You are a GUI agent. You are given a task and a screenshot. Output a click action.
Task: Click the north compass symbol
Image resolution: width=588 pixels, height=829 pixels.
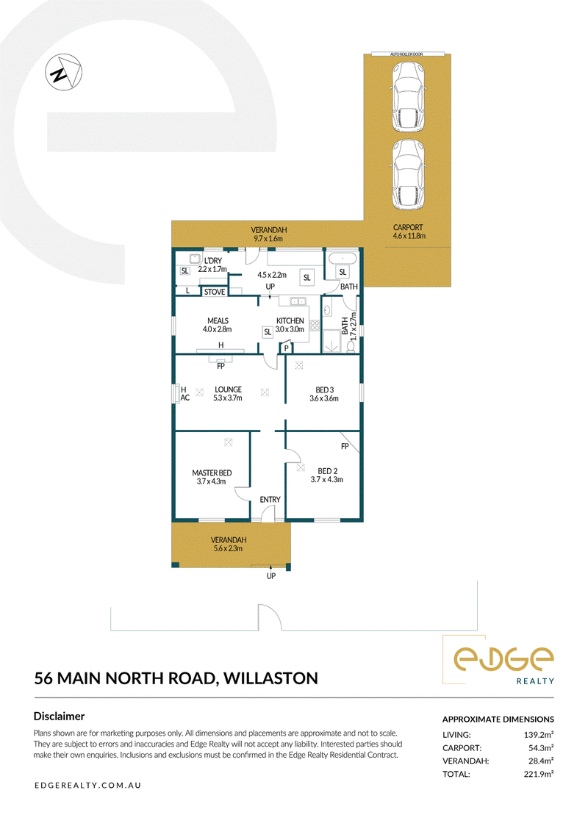[x=63, y=72]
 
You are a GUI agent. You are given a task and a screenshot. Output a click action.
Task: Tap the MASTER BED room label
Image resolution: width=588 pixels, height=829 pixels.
[x=212, y=473]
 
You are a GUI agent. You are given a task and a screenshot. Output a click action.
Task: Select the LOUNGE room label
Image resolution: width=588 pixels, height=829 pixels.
[x=229, y=389]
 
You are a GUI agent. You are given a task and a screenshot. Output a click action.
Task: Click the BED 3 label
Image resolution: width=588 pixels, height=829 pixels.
[x=324, y=390]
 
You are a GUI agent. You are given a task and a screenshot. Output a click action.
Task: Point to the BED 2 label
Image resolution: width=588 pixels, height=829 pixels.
[x=327, y=470]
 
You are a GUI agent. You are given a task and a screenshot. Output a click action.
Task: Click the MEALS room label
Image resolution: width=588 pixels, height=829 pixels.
[x=218, y=320]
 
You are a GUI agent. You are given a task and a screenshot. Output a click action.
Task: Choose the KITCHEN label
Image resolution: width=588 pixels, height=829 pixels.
[x=290, y=320]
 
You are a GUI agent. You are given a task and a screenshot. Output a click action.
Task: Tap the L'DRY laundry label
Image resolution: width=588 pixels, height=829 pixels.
[x=213, y=261]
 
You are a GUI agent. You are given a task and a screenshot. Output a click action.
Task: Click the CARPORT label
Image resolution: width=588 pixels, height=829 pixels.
[x=408, y=227]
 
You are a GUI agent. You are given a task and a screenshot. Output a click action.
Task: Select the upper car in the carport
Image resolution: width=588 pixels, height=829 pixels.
[x=408, y=97]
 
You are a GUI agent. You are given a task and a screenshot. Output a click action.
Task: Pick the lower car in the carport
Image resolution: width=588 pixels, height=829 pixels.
[x=408, y=174]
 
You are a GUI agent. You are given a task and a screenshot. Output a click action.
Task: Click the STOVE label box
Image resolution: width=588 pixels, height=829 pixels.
[x=215, y=292]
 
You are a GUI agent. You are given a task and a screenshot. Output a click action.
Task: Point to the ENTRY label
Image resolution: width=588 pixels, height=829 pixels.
[x=270, y=499]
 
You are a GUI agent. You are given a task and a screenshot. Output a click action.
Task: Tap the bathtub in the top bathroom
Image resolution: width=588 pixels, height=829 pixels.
[x=343, y=259]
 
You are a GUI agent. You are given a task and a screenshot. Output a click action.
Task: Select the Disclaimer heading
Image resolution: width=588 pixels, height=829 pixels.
[x=60, y=717]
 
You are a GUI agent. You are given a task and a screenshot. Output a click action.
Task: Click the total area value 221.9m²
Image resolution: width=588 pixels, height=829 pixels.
[x=538, y=774]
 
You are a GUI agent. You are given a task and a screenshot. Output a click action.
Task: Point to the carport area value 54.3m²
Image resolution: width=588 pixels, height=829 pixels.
[x=540, y=748]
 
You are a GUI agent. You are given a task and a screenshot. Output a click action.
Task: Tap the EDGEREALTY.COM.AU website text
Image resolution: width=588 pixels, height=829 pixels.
[x=87, y=785]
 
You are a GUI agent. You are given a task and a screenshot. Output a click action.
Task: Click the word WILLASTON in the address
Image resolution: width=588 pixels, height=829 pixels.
[x=270, y=678]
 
